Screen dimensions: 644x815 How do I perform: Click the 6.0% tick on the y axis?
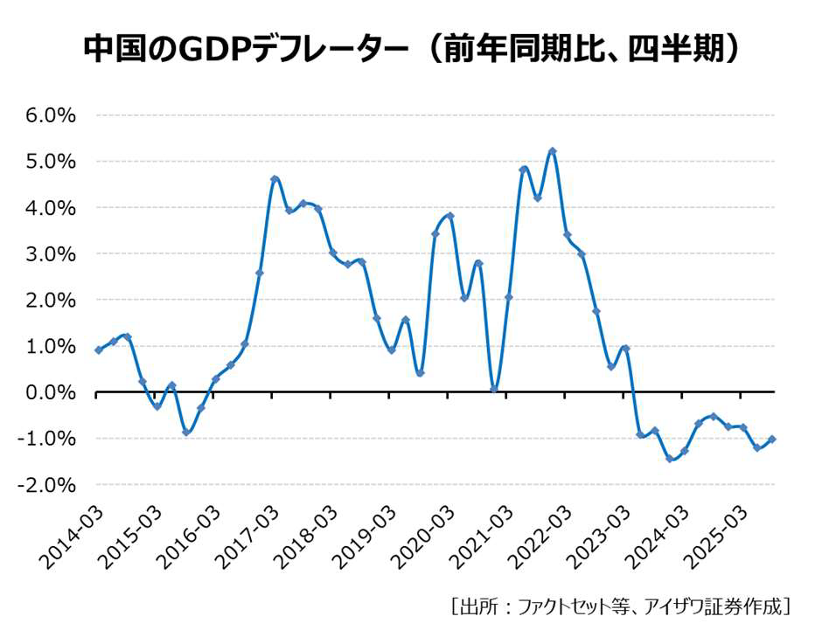[x=51, y=115]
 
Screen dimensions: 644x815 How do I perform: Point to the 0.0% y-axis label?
[x=51, y=392]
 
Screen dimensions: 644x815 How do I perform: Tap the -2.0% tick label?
[x=47, y=484]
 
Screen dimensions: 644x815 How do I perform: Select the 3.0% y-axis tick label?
[x=51, y=254]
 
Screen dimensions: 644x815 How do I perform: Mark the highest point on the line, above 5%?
[x=553, y=151]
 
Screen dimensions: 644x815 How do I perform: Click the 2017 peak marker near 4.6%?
[x=275, y=179]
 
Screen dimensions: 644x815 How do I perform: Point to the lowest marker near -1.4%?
[x=670, y=458]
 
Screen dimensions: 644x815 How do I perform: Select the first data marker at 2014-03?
[x=98, y=350]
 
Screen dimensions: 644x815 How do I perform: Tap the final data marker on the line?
[x=773, y=440]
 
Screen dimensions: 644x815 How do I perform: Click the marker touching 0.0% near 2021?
[x=494, y=389]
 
